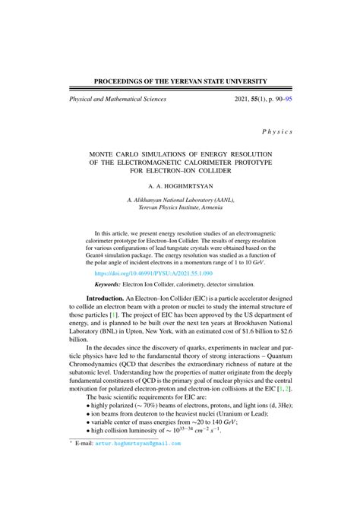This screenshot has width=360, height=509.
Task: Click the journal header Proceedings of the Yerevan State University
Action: (179, 81)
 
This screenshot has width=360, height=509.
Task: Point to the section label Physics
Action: (277, 131)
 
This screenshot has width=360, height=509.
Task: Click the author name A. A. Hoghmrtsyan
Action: (180, 185)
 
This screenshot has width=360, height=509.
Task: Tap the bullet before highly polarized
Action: (90, 406)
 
